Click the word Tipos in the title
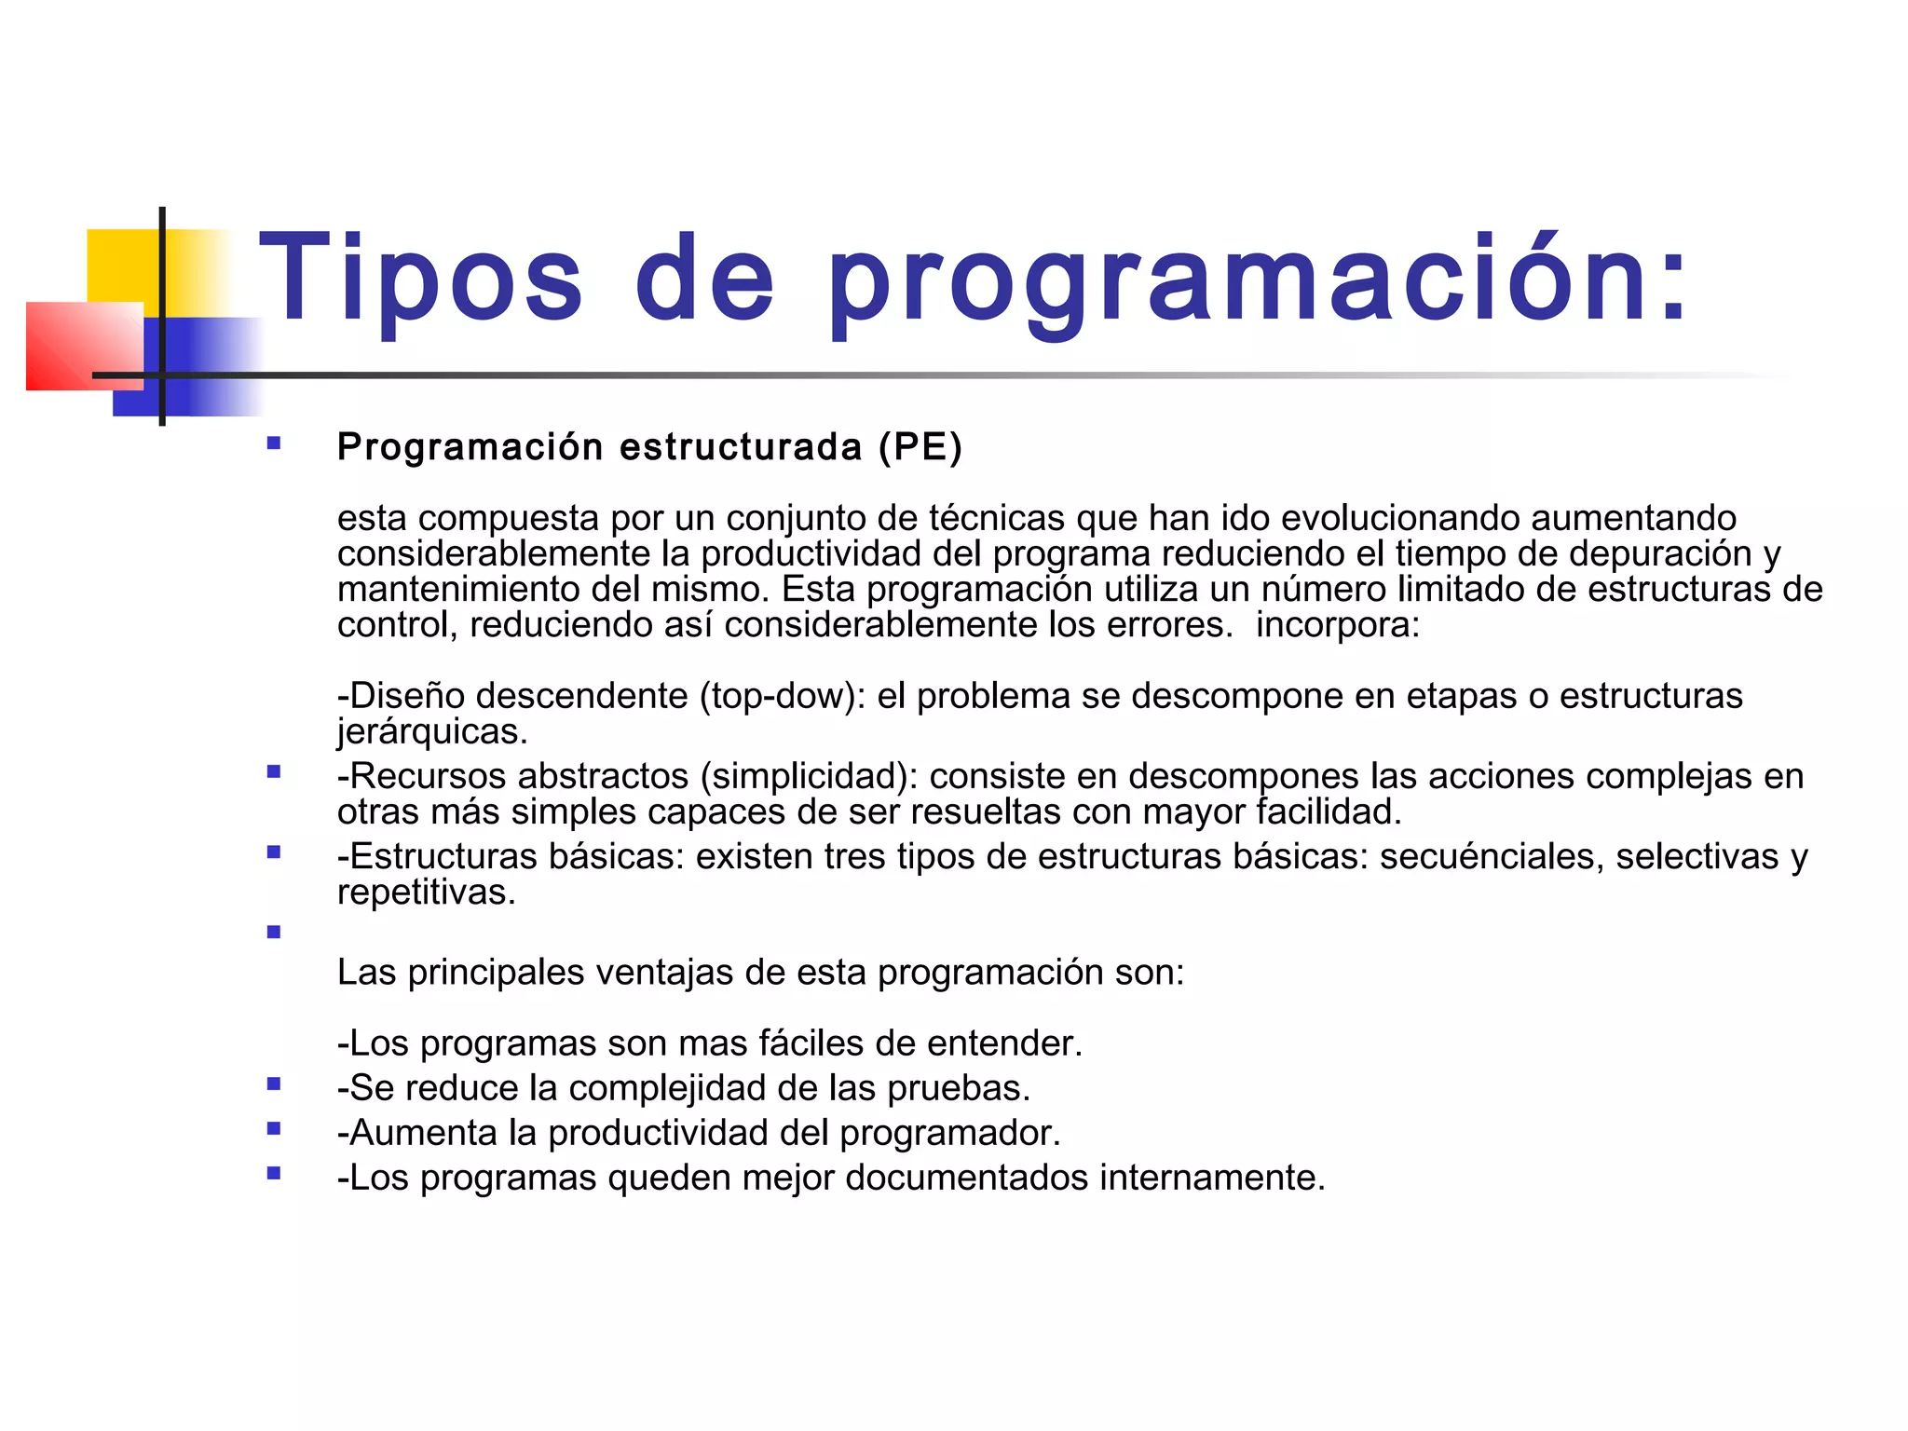pos(421,278)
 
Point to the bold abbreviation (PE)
pos(920,447)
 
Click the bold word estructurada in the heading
pos(741,447)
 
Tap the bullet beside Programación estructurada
pos(274,443)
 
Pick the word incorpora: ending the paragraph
pos(1338,624)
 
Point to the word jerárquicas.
pos(432,732)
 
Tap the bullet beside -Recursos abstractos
pos(274,771)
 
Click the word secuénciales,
pos(1492,856)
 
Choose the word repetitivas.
pos(427,893)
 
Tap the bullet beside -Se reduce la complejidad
pos(274,1083)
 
